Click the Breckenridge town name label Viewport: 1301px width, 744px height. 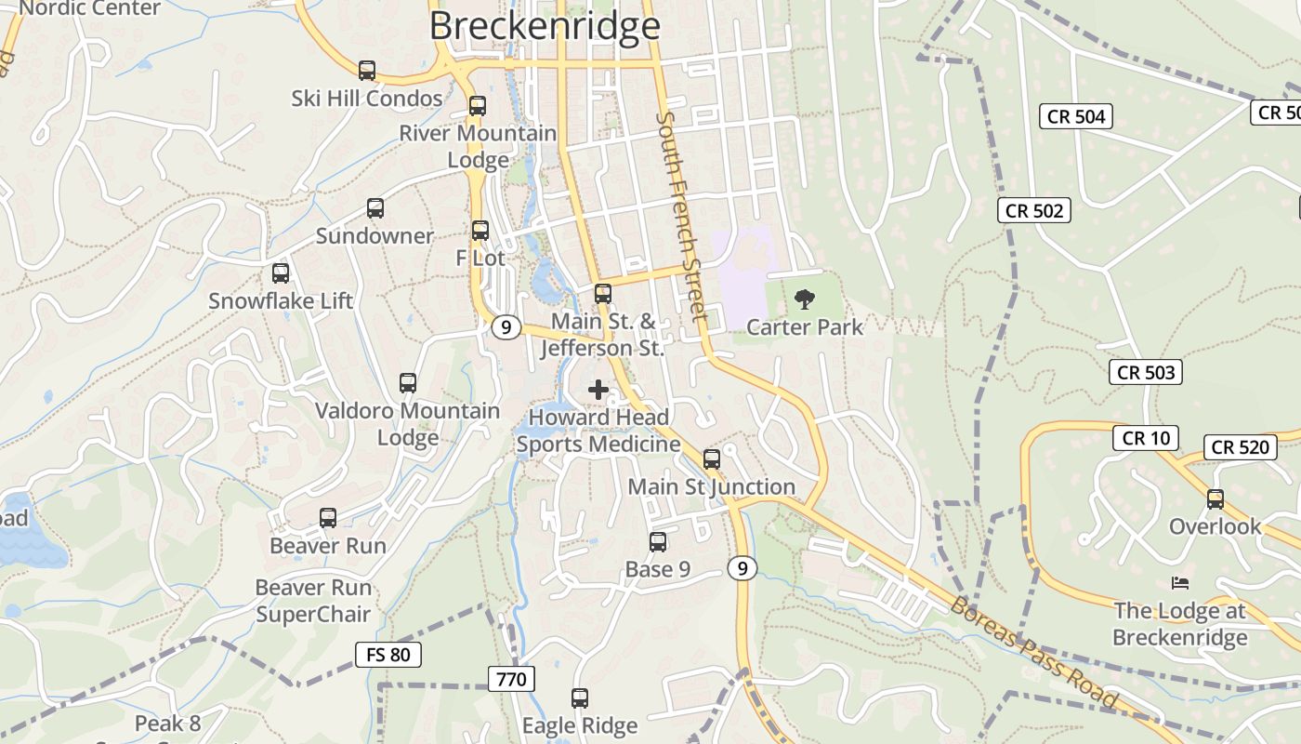coord(545,25)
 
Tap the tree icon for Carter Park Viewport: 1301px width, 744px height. coord(805,299)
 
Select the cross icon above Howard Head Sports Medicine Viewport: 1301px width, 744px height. coord(598,390)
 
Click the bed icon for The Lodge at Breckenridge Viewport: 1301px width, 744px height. coord(1180,583)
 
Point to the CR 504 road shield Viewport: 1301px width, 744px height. coord(1076,116)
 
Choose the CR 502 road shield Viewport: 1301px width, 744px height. coord(1034,210)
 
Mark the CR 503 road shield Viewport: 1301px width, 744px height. coord(1146,372)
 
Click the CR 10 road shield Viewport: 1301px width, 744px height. coord(1146,438)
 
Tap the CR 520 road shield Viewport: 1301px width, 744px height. coord(1240,447)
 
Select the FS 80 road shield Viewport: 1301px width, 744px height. coord(388,655)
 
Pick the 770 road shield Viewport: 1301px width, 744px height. coord(511,679)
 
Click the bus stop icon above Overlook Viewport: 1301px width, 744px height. coord(1216,499)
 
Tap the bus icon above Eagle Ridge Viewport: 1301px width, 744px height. coord(580,697)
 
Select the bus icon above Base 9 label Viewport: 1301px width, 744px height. coord(658,542)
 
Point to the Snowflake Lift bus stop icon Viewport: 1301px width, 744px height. coord(281,273)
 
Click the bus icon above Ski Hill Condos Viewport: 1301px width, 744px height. coord(367,70)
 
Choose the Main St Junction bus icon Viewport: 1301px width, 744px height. coord(712,458)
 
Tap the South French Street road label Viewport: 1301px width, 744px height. coord(683,216)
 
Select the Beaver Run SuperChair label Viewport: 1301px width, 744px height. coord(313,601)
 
